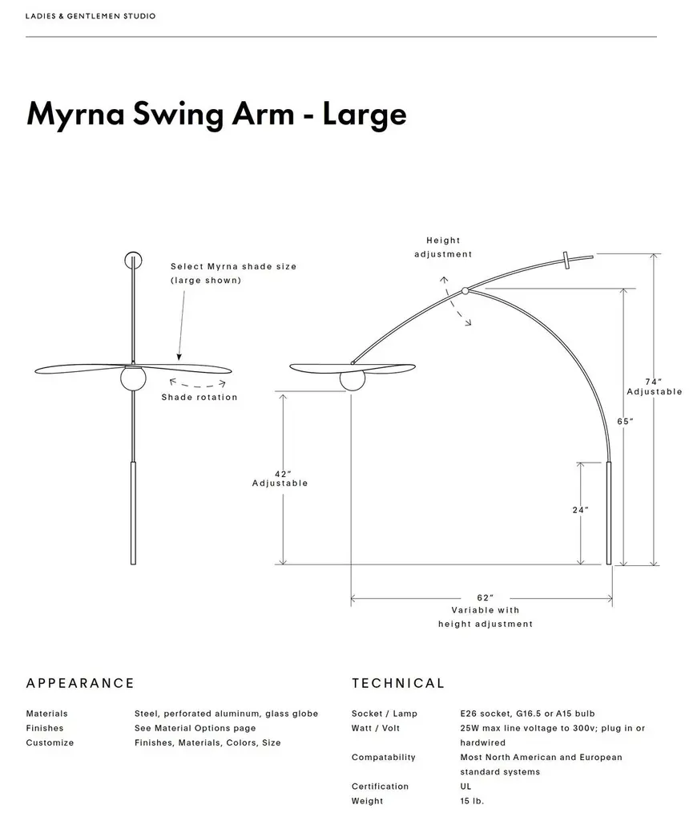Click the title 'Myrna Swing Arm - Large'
click(x=216, y=114)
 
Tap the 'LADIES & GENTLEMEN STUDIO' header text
click(x=91, y=16)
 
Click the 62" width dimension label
click(x=485, y=598)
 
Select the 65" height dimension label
click(x=626, y=421)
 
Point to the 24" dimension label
click(x=581, y=510)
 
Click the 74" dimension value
click(x=654, y=382)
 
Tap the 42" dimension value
click(x=280, y=472)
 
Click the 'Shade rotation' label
click(x=199, y=398)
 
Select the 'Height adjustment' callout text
click(x=443, y=247)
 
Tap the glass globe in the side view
click(x=352, y=379)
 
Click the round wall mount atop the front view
click(x=133, y=260)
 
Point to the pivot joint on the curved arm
click(x=465, y=291)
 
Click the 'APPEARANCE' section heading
click(x=80, y=684)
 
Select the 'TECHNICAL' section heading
click(x=397, y=684)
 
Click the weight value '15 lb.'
click(x=472, y=801)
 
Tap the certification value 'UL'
click(x=465, y=787)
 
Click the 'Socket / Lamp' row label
click(x=384, y=714)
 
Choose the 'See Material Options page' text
click(x=195, y=728)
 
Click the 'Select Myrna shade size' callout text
click(x=233, y=266)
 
